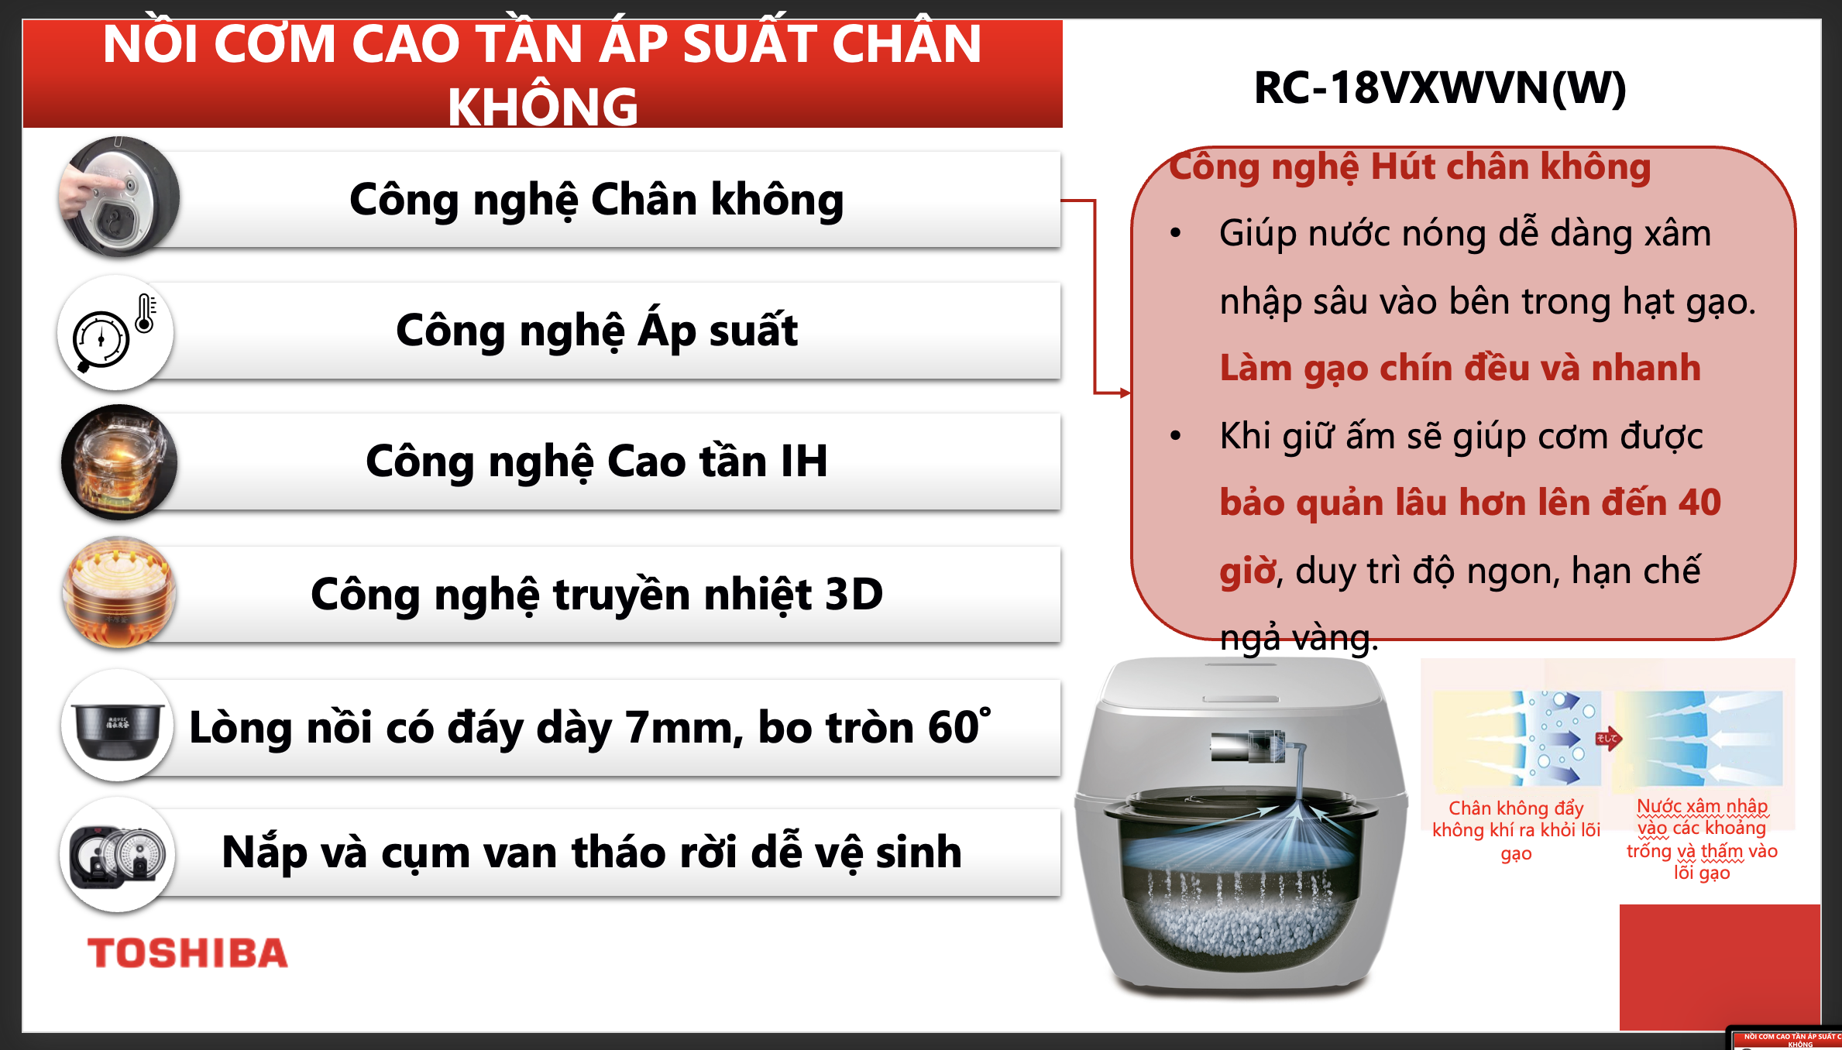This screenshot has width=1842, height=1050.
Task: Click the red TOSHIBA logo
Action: pos(187,952)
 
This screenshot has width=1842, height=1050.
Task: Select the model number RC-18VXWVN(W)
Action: pos(1439,87)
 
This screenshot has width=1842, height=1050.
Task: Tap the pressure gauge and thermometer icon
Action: pos(115,333)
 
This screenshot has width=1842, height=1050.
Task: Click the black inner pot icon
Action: pos(117,726)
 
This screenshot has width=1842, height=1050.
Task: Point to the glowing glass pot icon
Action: pos(119,462)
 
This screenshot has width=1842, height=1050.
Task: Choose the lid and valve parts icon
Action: pos(117,855)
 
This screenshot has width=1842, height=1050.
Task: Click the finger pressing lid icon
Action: pos(119,197)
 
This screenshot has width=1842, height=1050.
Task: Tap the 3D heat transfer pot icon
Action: pos(119,592)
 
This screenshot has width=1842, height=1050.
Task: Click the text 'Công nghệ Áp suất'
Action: pos(596,332)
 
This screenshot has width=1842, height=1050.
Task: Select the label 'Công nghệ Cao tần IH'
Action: pos(596,462)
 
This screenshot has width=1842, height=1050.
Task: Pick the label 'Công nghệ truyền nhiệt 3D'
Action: pos(596,595)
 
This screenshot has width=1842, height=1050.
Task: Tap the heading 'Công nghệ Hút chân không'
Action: pos(1410,168)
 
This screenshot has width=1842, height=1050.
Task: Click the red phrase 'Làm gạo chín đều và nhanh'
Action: pos(1460,368)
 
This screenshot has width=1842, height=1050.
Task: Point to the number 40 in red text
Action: pos(1699,503)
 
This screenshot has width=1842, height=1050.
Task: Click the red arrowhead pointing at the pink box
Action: pos(1125,393)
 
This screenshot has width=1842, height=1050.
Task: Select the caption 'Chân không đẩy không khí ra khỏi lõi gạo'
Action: pos(1516,830)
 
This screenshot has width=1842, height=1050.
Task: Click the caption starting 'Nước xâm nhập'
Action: pos(1702,839)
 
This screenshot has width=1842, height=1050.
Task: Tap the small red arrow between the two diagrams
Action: pos(1608,739)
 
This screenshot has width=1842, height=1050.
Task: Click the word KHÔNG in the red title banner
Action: pos(542,106)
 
